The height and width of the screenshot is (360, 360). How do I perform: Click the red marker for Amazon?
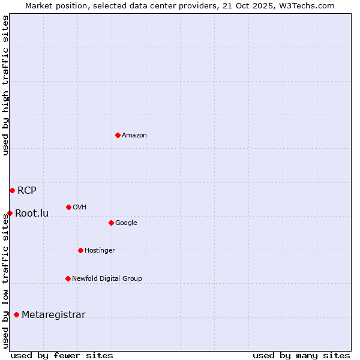point(118,135)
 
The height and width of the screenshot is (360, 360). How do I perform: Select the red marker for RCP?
point(12,190)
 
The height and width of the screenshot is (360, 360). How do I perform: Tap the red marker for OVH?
point(68,207)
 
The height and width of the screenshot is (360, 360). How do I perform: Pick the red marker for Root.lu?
point(10,213)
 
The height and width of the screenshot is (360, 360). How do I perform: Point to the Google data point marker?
point(111,223)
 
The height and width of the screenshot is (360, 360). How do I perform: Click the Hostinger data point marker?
point(80,250)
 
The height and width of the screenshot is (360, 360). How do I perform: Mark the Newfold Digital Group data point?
point(68,278)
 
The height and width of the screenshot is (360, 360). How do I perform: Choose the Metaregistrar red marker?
point(16,314)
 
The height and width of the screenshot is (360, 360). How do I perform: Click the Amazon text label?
point(134,135)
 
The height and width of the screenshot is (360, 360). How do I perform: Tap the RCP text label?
point(27,191)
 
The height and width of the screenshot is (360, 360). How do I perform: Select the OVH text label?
point(80,207)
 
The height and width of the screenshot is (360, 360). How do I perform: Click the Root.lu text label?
point(32,213)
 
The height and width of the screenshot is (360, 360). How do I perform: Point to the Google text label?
point(126,223)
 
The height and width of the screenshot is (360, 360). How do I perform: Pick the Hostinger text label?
point(100,250)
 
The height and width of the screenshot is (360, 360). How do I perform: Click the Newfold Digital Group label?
point(107,278)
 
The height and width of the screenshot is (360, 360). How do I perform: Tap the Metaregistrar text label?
point(53,315)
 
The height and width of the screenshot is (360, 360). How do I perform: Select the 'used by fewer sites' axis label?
point(62,355)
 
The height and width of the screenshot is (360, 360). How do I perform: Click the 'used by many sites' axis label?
point(301,355)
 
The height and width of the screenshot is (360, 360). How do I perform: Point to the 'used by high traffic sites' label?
point(5,85)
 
